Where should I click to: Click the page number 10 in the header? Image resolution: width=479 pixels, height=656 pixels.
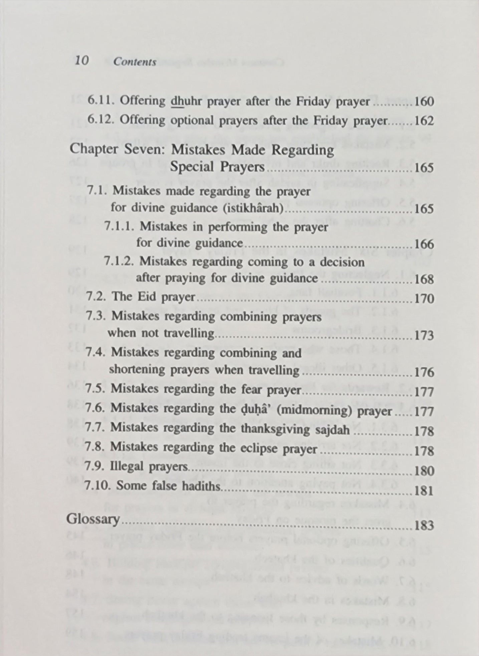pos(81,61)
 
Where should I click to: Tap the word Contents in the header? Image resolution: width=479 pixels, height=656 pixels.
pos(135,62)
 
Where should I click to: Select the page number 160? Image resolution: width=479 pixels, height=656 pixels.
pos(424,101)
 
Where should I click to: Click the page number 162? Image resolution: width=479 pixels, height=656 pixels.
pos(424,121)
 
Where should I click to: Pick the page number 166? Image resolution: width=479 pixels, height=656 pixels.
pos(424,244)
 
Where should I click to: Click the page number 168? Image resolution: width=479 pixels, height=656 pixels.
pos(424,279)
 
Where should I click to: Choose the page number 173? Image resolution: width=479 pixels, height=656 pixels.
pos(424,335)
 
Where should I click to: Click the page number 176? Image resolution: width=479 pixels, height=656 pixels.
pos(424,372)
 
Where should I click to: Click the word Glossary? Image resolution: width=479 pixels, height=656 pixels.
pos(93,520)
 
